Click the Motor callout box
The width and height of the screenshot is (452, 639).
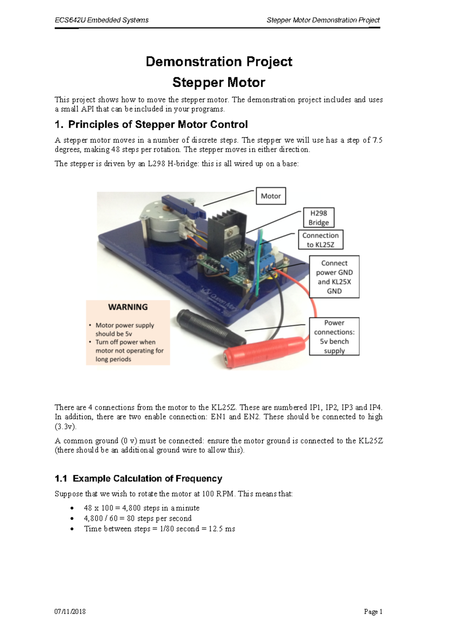[271, 196]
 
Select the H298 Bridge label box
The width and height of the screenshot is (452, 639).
[319, 218]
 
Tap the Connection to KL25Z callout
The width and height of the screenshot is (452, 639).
[321, 240]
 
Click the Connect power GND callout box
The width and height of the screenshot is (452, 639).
[334, 277]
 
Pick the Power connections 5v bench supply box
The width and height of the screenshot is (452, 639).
[334, 336]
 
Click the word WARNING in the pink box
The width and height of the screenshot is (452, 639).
[128, 307]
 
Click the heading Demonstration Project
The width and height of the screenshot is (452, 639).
[219, 62]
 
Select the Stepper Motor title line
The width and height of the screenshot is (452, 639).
[219, 82]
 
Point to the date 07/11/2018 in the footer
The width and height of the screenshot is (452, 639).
[70, 612]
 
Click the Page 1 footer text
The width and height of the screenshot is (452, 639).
[373, 612]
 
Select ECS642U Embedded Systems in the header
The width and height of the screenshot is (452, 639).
[102, 20]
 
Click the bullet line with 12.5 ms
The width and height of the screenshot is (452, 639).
[159, 529]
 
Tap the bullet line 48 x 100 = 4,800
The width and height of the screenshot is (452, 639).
[142, 508]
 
